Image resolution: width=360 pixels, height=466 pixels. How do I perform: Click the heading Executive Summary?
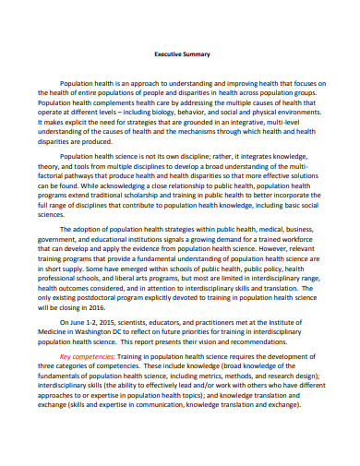pos(179,54)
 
